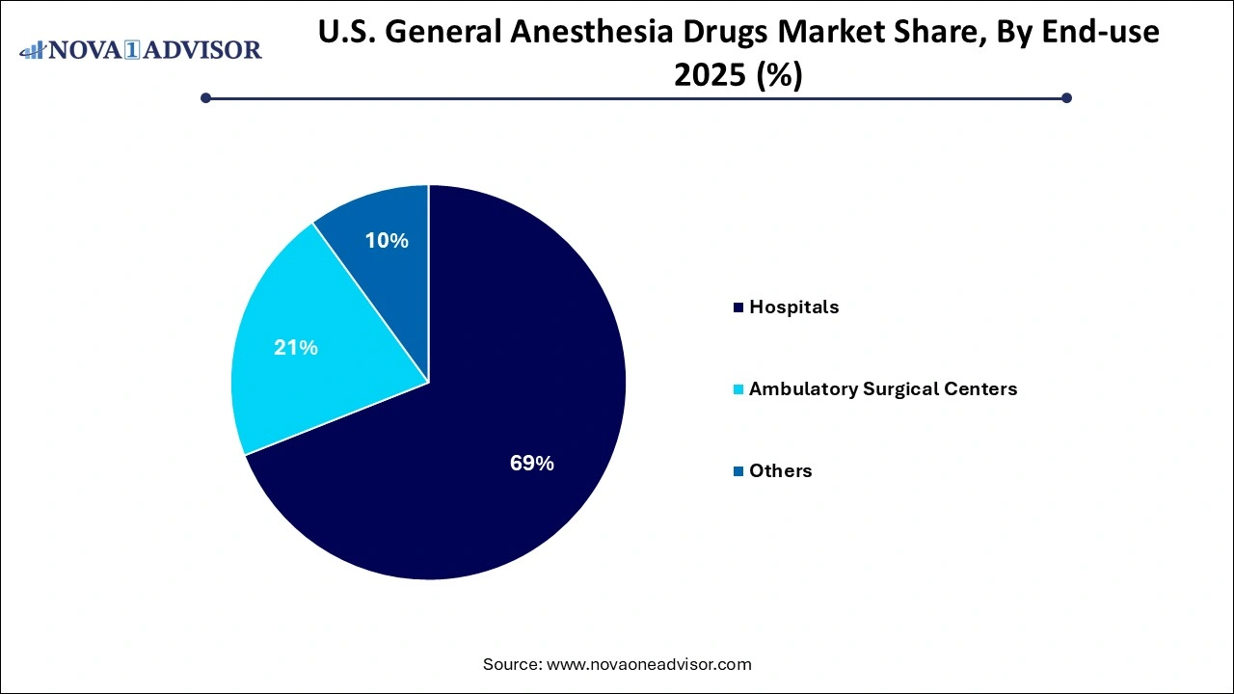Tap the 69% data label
point(531,464)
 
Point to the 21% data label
point(295,348)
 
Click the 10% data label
point(386,241)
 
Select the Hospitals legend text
point(793,307)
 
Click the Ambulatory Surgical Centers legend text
point(882,389)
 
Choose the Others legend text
point(780,471)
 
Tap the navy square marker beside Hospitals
point(738,307)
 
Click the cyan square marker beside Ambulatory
point(738,389)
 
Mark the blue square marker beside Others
point(738,471)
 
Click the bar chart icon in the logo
point(33,49)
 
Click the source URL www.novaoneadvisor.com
point(649,664)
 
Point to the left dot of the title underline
point(205,97)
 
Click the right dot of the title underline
point(1066,97)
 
